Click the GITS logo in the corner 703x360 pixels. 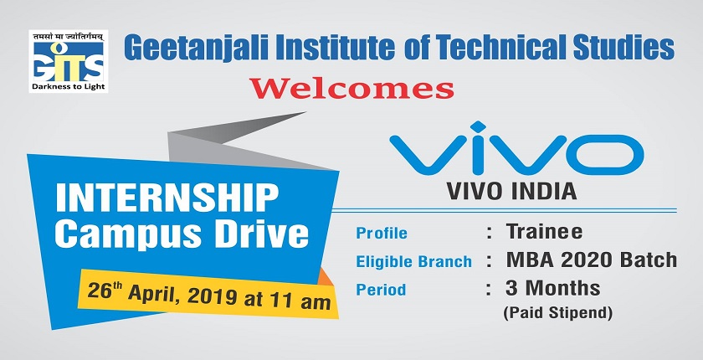pyautogui.click(x=68, y=61)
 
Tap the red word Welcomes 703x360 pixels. pyautogui.click(x=352, y=88)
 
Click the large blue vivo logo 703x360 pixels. pyautogui.click(x=516, y=148)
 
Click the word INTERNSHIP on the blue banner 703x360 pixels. pyautogui.click(x=167, y=198)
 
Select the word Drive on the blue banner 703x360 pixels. pyautogui.click(x=261, y=234)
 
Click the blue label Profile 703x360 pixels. pyautogui.click(x=382, y=233)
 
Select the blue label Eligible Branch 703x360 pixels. pyautogui.click(x=413, y=261)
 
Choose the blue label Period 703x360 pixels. pyautogui.click(x=381, y=290)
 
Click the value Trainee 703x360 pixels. pyautogui.click(x=544, y=232)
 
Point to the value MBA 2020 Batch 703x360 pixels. pyautogui.click(x=592, y=260)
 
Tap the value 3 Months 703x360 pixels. pyautogui.click(x=553, y=288)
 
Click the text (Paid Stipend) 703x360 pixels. pyautogui.click(x=557, y=313)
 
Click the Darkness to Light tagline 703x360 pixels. pyautogui.click(x=68, y=86)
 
